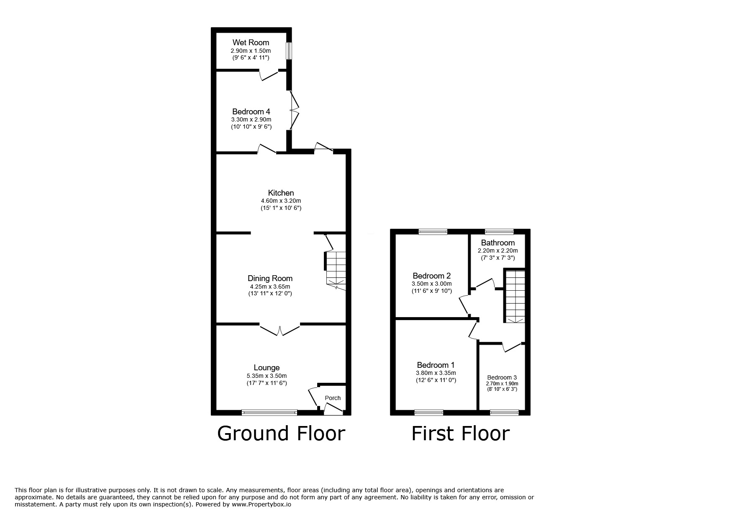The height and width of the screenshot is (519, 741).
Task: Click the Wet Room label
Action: click(251, 42)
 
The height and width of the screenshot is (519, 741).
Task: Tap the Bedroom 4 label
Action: click(251, 111)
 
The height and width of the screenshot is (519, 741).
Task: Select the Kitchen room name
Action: click(281, 193)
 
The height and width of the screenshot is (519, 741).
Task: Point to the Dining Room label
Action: click(270, 278)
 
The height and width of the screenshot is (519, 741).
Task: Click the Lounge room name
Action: click(267, 368)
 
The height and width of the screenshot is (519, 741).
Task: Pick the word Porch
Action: click(333, 398)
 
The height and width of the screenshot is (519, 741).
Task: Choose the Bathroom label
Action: click(497, 243)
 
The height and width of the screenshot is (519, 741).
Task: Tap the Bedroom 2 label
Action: click(431, 276)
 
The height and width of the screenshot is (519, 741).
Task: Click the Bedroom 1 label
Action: click(436, 365)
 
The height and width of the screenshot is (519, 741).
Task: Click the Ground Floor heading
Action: click(281, 433)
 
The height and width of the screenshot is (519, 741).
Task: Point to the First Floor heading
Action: click(460, 433)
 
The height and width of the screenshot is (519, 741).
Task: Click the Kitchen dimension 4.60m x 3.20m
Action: click(281, 201)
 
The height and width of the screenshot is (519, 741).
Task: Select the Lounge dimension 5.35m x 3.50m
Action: click(267, 376)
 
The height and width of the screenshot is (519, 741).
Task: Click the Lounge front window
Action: click(269, 413)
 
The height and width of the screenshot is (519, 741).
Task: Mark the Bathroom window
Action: click(499, 231)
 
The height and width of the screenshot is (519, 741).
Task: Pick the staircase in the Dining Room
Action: click(336, 270)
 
